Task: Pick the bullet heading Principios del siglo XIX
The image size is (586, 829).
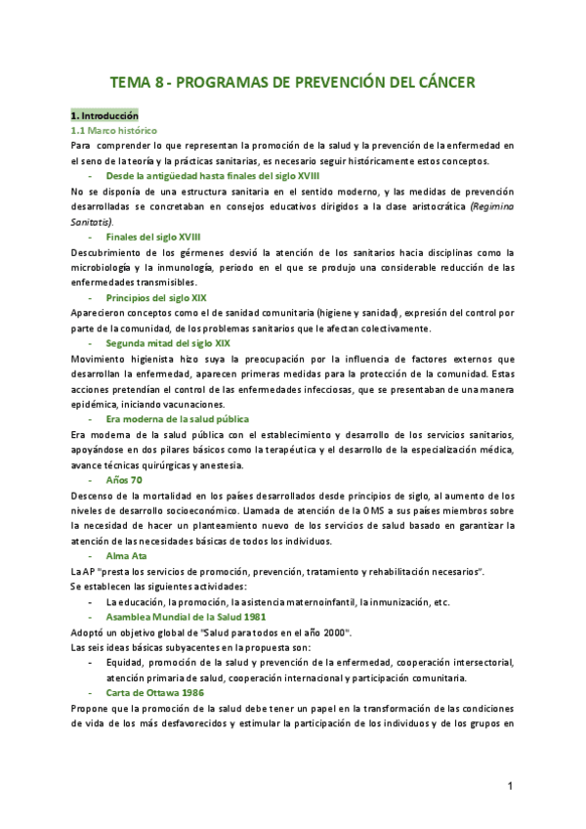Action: (156, 297)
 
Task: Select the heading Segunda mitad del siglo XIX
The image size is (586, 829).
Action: (168, 343)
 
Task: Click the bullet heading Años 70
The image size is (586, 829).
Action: (124, 480)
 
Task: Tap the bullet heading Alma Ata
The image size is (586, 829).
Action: (126, 555)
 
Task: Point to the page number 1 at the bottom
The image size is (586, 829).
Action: (511, 786)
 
